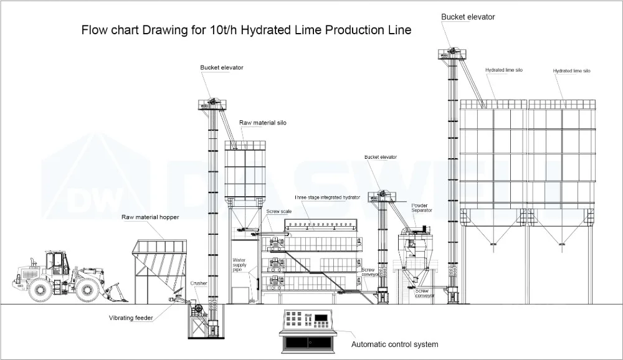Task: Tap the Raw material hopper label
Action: click(150, 217)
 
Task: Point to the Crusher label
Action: click(198, 283)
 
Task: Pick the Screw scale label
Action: click(279, 212)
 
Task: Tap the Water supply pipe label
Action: click(240, 264)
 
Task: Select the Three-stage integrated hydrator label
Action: click(327, 197)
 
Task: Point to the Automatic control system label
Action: click(394, 344)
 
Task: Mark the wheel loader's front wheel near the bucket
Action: click(87, 290)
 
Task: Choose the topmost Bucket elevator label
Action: click(468, 17)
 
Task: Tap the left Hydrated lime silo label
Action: click(503, 70)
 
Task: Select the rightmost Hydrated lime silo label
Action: click(571, 71)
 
